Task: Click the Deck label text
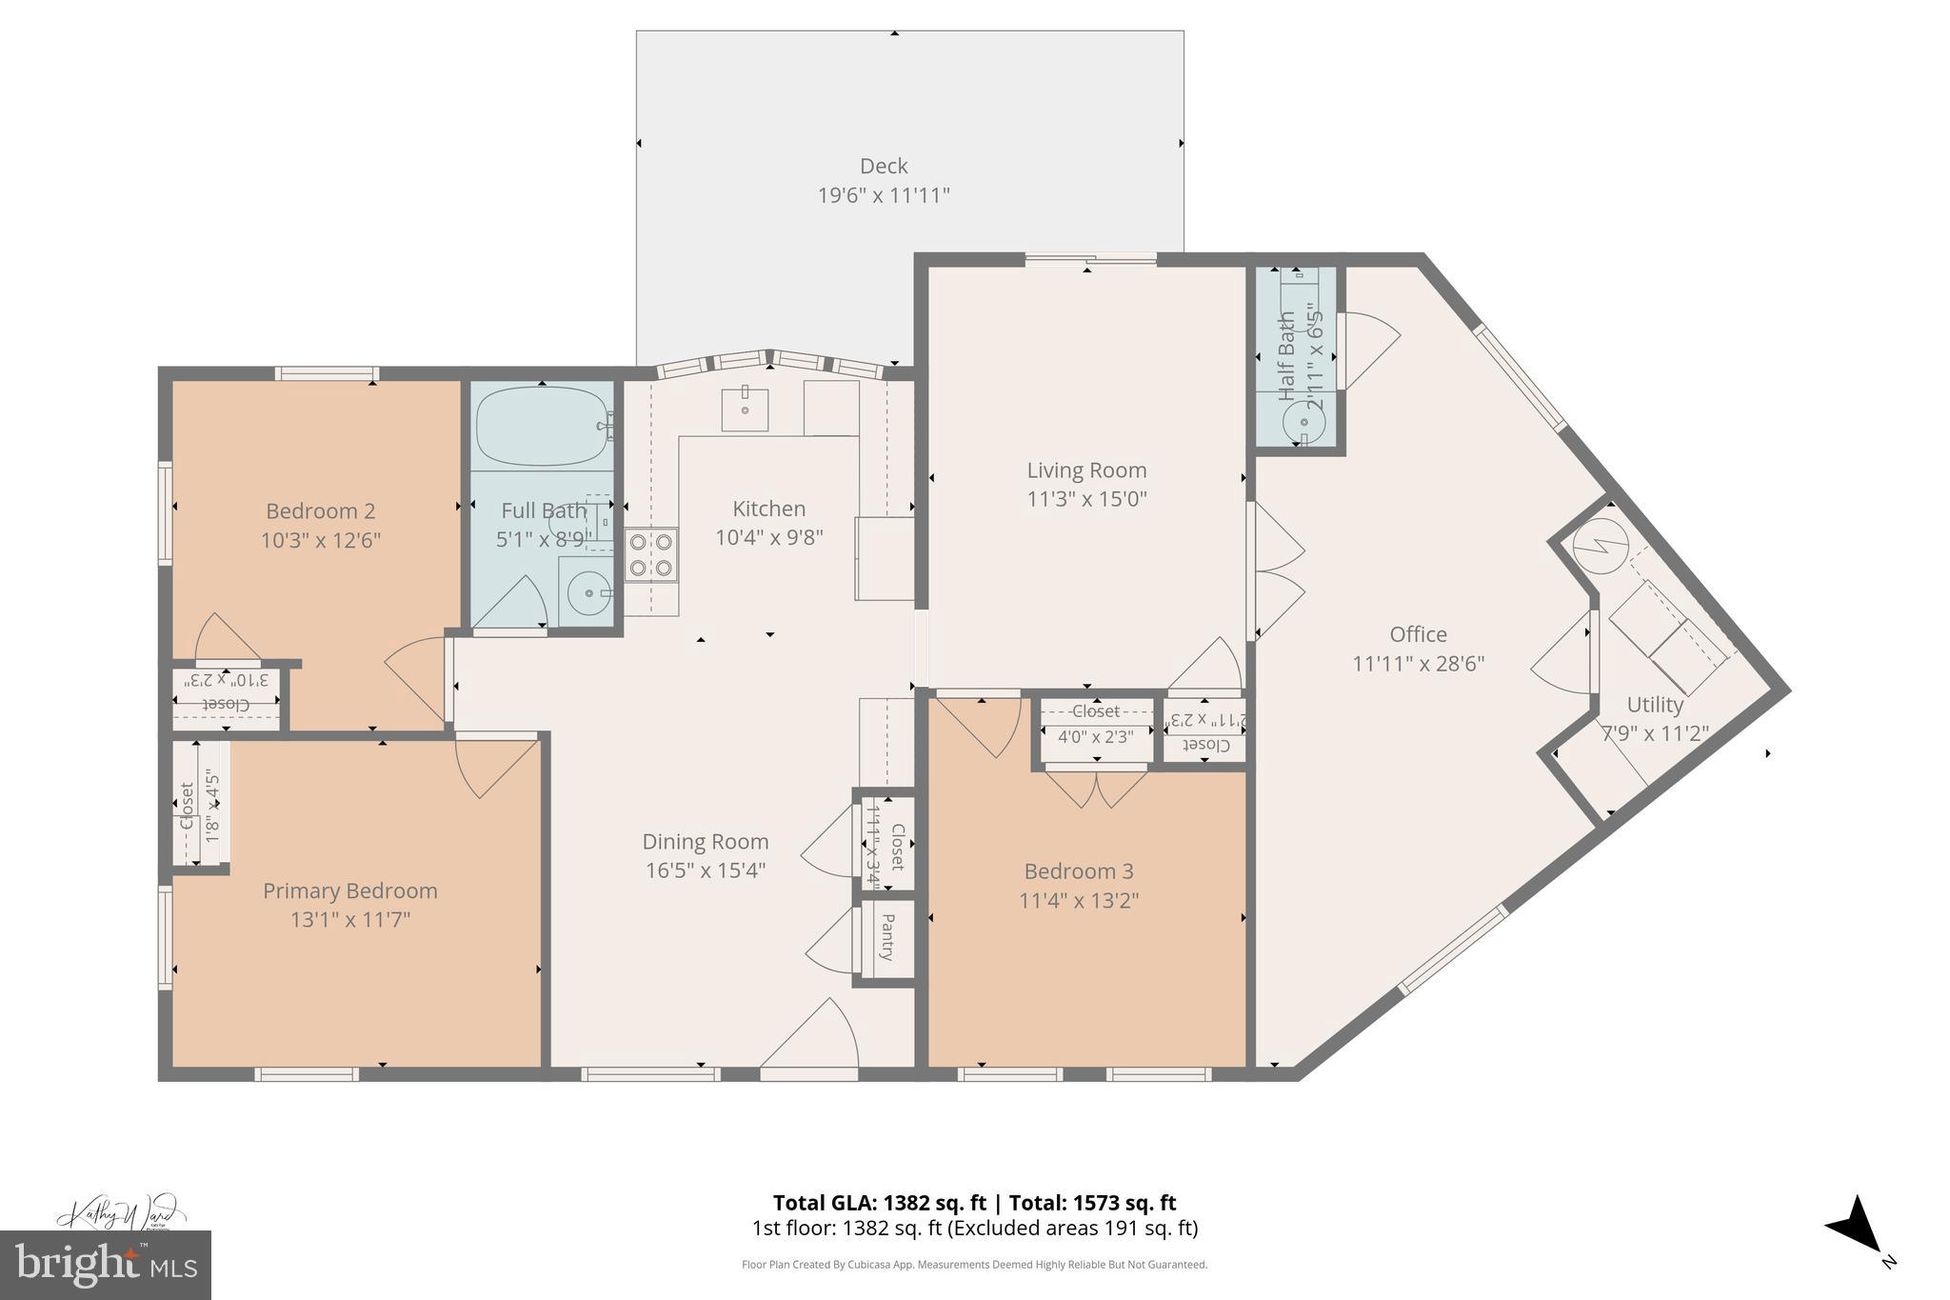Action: (884, 167)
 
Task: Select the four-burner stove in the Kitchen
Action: (651, 554)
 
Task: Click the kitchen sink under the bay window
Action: (745, 410)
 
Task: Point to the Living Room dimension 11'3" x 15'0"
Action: (1086, 499)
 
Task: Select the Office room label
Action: (1418, 634)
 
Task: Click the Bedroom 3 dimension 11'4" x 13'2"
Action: (1079, 900)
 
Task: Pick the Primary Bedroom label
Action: (350, 890)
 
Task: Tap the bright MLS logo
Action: (106, 1265)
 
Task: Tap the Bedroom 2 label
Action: (320, 510)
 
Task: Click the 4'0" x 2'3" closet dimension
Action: (1095, 736)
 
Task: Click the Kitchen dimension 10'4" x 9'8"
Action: (769, 537)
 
